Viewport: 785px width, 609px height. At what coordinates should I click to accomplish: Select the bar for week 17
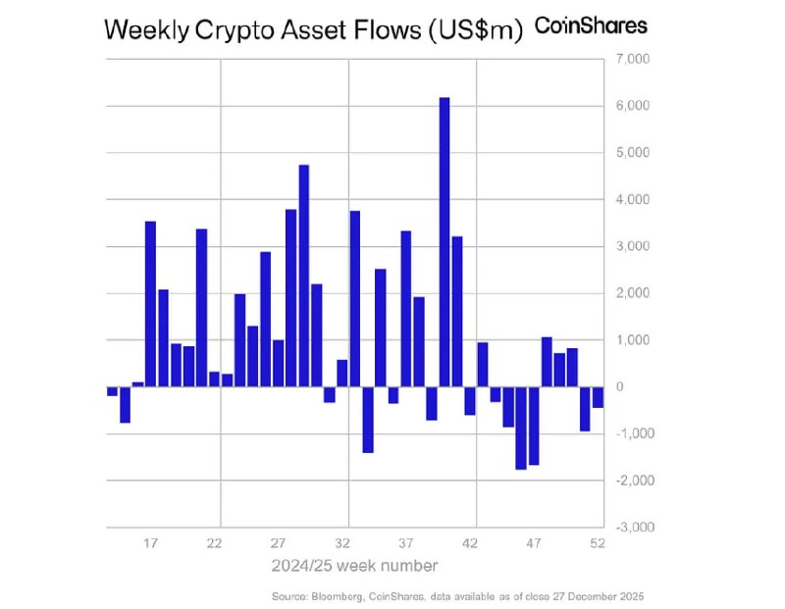click(150, 303)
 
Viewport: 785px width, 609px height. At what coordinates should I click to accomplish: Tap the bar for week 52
click(598, 396)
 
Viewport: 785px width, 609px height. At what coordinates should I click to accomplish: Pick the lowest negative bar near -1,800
click(521, 428)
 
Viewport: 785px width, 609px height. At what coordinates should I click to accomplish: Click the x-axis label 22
click(215, 543)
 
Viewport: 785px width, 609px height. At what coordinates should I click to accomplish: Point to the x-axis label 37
click(406, 543)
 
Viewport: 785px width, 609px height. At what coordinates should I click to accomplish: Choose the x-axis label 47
click(534, 543)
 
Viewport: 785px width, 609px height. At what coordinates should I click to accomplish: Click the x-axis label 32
click(342, 543)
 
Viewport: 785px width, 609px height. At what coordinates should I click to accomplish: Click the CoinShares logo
click(591, 26)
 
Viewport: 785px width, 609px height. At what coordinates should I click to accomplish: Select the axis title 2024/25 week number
click(354, 566)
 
